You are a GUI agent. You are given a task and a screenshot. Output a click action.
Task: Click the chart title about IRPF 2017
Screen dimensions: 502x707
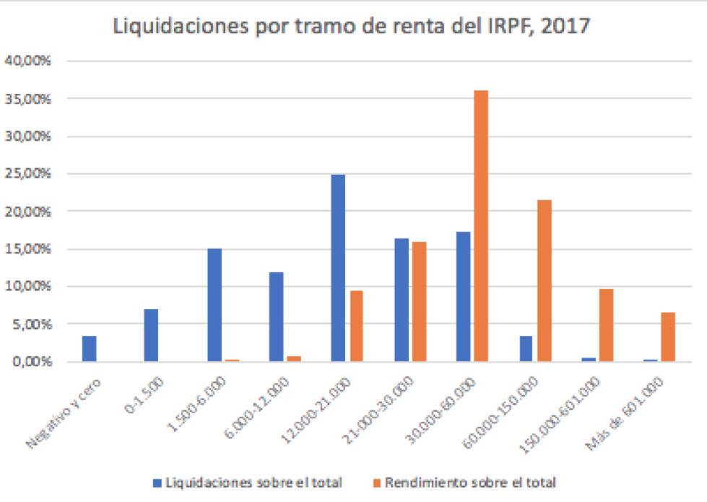[352, 28]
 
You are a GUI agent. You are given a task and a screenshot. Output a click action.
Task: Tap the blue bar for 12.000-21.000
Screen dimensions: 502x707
[338, 267]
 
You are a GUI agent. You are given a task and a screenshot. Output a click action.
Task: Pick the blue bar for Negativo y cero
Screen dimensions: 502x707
[89, 348]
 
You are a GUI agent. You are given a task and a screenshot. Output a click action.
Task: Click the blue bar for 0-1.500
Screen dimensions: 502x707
[151, 335]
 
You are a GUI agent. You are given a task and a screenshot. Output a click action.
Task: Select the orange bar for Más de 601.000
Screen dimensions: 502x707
[668, 337]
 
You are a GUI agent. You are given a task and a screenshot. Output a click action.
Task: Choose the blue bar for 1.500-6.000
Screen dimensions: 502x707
[214, 305]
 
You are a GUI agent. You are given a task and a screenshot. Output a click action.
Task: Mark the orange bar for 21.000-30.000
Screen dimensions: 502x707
[419, 301]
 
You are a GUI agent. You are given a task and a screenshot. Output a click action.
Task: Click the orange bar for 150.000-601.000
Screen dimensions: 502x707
[606, 325]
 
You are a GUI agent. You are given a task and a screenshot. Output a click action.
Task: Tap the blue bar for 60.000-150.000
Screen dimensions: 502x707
[526, 348]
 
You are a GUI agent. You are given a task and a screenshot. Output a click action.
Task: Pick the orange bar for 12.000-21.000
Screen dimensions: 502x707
[356, 326]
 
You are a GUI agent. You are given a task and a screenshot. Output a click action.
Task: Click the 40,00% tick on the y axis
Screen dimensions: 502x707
[28, 61]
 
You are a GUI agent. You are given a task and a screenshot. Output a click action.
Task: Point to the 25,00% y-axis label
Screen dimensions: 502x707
[28, 173]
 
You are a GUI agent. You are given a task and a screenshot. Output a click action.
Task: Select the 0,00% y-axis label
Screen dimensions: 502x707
[30, 361]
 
